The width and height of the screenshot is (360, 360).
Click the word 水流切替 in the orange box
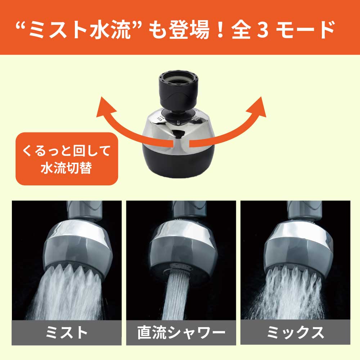(67, 168)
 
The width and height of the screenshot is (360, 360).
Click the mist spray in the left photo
(65, 295)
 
